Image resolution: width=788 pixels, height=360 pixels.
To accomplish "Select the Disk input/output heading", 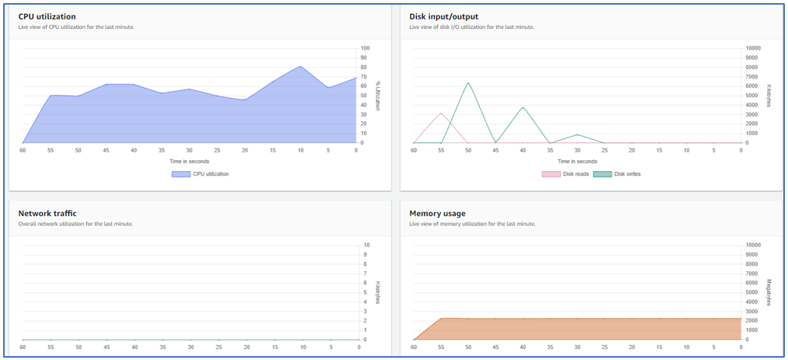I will pos(443,16).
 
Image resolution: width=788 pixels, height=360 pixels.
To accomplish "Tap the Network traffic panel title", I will pos(47,213).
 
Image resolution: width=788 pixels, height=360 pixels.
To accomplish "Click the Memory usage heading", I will pos(437,213).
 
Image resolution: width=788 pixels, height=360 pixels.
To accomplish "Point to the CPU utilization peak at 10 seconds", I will pos(300,66).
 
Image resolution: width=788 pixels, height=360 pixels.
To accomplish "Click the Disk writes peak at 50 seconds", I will pos(468,82).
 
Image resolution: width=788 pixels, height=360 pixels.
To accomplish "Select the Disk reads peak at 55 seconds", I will pos(441,114).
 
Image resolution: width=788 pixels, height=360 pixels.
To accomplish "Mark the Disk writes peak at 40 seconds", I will pos(523,107).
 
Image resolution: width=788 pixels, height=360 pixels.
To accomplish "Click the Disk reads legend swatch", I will pos(551,174).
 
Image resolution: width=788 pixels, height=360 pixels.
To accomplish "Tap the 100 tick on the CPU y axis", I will pos(365,48).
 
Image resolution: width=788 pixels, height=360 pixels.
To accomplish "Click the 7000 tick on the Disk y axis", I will pos(753,77).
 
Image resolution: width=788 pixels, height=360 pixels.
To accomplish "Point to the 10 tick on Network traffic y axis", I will pos(366,245).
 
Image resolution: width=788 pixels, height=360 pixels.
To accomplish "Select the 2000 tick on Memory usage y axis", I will pos(753,321).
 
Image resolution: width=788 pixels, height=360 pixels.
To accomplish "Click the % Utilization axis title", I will pos(378,95).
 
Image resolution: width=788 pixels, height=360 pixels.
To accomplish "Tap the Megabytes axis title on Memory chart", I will pos(769,292).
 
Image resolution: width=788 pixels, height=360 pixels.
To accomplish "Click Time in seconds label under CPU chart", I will pos(189,161).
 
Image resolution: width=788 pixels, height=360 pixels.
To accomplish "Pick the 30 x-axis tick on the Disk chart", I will pos(577,150).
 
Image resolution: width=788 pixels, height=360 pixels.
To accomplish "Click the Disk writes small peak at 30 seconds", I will pos(577,135).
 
